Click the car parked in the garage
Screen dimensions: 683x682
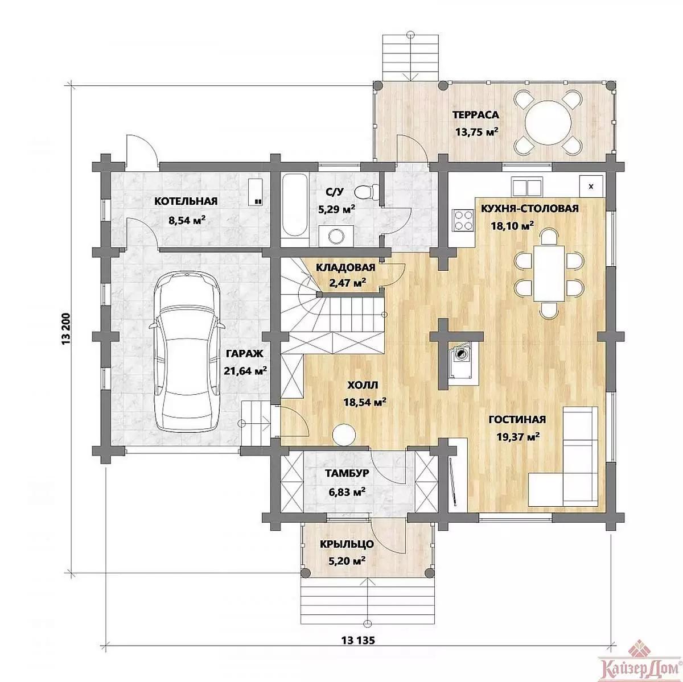[x=187, y=351]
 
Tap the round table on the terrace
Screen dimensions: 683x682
[x=548, y=122]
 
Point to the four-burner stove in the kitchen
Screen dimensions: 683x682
[x=463, y=220]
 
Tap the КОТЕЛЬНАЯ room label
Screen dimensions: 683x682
[x=186, y=201]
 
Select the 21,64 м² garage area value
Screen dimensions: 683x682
[x=245, y=371]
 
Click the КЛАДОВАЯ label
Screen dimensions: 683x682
[x=345, y=267]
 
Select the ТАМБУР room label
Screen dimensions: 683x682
[x=347, y=473]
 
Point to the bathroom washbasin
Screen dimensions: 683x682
[x=336, y=235]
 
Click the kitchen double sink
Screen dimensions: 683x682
[x=526, y=187]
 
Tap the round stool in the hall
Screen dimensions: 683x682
[x=343, y=435]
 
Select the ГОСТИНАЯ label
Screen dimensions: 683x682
[x=517, y=419]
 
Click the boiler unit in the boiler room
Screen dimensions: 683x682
[x=256, y=192]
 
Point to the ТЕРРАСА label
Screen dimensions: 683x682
[x=476, y=115]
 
